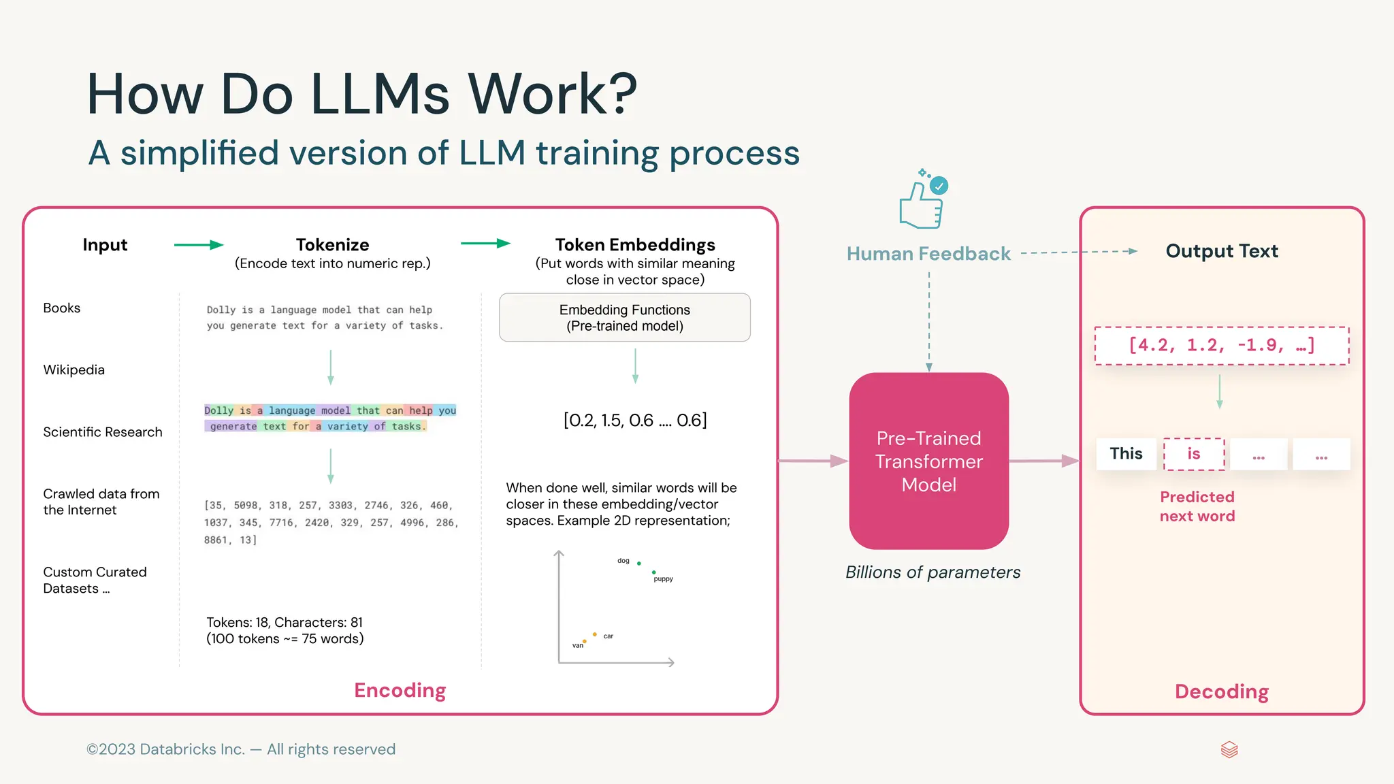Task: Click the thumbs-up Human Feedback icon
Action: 922,202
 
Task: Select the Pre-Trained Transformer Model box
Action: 928,461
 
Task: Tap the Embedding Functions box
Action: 624,318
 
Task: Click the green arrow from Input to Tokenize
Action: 198,245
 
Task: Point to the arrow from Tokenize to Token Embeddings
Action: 485,244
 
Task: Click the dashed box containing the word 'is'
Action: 1194,454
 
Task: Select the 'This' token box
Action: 1126,454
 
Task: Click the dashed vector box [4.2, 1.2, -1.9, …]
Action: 1221,346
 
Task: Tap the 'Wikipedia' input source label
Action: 74,370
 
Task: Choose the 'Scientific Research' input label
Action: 103,432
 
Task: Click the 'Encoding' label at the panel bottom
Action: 400,690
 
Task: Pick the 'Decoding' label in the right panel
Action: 1222,691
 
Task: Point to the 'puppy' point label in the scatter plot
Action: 663,579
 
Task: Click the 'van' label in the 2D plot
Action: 578,645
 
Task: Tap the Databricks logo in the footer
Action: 1229,750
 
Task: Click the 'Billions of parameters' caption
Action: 933,572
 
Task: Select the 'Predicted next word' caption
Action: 1197,506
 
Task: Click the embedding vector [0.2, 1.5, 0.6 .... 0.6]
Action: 635,421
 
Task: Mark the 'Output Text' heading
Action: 1222,251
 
